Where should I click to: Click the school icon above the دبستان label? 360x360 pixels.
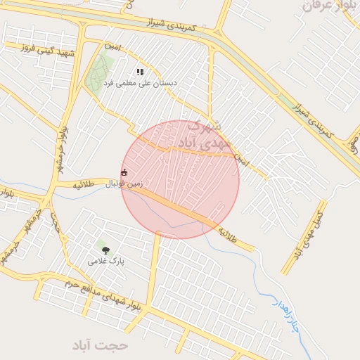point(140,72)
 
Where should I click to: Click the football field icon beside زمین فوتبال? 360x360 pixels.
point(124,172)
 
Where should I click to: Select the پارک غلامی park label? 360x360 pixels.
point(105,261)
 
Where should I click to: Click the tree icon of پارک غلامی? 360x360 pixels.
point(105,250)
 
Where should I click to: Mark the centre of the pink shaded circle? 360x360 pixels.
point(180,179)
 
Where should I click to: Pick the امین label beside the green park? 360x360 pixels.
point(113,46)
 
